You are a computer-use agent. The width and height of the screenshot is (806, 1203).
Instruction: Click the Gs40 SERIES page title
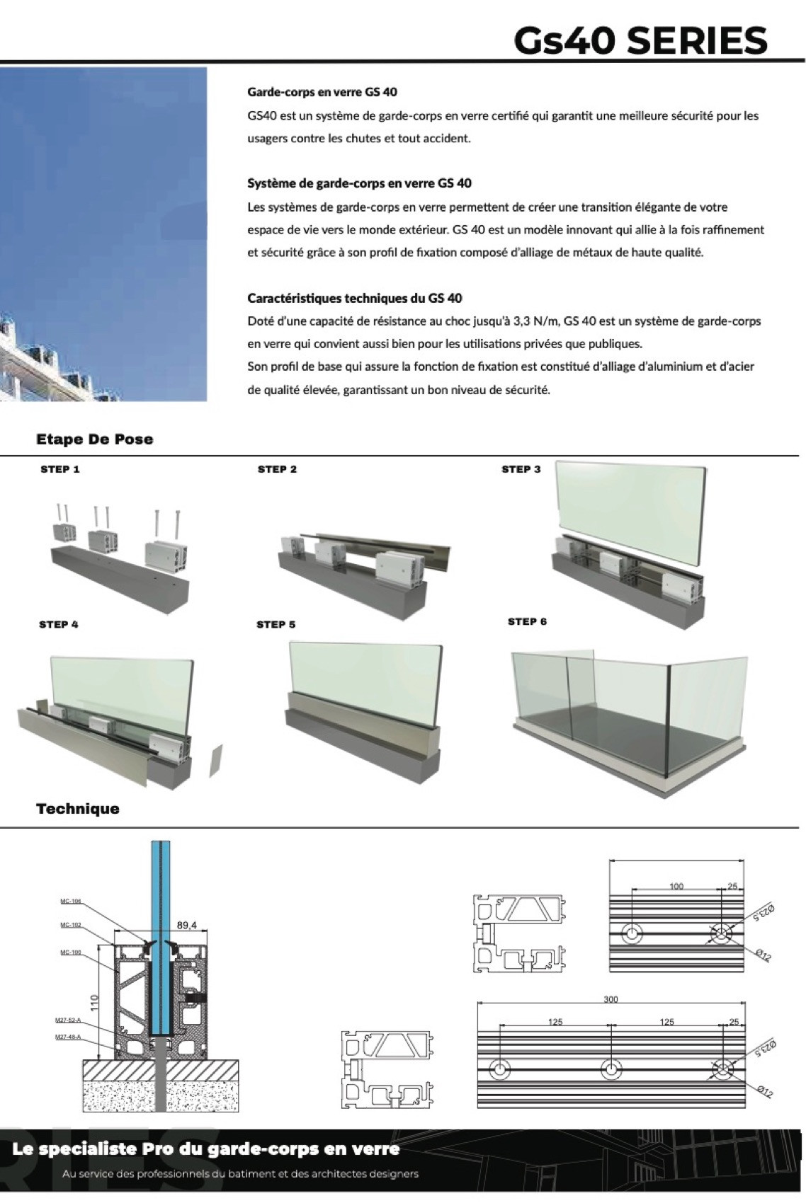[x=640, y=40]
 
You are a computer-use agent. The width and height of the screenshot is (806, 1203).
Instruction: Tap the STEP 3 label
[x=521, y=469]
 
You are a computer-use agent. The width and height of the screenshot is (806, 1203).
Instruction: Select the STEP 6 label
[x=527, y=621]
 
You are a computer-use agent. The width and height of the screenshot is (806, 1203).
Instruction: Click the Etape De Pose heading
[x=94, y=439]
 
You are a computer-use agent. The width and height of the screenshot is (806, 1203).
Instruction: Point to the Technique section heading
[x=78, y=809]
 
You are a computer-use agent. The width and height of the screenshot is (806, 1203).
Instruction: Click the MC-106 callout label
[x=70, y=902]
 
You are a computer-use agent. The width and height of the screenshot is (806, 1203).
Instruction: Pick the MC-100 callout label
[x=70, y=952]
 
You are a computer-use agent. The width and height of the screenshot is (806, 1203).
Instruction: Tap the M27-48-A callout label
[x=68, y=1037]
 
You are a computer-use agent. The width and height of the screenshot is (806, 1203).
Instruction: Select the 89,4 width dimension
[x=186, y=925]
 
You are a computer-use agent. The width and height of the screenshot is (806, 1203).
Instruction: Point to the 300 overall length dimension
[x=611, y=999]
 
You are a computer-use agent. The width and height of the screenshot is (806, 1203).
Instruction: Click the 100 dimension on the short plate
[x=676, y=886]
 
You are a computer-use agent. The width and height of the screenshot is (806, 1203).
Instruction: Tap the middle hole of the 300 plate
[x=611, y=1069]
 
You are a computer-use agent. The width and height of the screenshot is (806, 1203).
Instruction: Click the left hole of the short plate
[x=631, y=933]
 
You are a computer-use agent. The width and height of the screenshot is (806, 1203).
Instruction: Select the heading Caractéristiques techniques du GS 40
[x=354, y=298]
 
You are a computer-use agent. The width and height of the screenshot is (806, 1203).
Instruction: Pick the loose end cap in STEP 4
[x=215, y=761]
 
